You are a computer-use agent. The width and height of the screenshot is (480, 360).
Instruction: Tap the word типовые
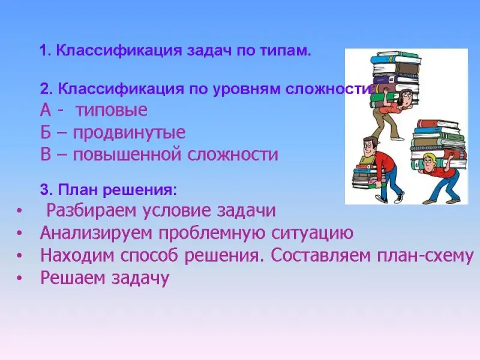pos(112,110)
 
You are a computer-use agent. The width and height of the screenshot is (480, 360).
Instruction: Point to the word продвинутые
pos(129,133)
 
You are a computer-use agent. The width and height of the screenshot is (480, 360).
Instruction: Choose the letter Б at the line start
pos(46,132)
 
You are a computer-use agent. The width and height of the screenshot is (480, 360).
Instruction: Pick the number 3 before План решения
pos(44,190)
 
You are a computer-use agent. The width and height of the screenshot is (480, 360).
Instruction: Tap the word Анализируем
pos(96,233)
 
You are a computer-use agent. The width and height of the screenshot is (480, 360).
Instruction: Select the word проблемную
pos(212,233)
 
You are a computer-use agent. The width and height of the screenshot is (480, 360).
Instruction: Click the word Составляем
pos(320,256)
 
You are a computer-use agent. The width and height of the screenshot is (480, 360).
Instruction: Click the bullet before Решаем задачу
pos(20,278)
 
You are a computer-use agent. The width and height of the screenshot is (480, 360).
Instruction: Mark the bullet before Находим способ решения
pos(20,256)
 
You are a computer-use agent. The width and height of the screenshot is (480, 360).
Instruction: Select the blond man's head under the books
pos(430,161)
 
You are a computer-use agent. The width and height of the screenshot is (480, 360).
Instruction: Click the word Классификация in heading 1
pos(119,51)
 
